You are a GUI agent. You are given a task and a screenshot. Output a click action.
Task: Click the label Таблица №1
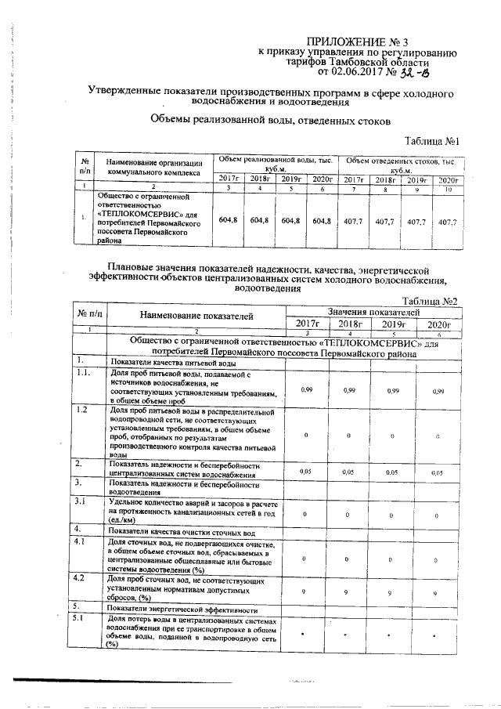pyautogui.click(x=431, y=140)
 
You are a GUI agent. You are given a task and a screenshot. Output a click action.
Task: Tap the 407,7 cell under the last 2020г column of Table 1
pyautogui.click(x=447, y=222)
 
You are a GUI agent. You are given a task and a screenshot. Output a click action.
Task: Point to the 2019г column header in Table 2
pyautogui.click(x=395, y=324)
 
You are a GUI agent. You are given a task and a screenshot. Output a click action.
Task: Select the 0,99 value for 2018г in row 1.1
pyautogui.click(x=350, y=390)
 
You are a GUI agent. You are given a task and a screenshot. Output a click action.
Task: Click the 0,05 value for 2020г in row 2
pyautogui.click(x=439, y=472)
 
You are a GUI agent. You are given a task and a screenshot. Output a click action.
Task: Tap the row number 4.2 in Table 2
pyautogui.click(x=80, y=578)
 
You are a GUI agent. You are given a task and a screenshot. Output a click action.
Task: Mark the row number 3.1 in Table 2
pyautogui.click(x=80, y=501)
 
